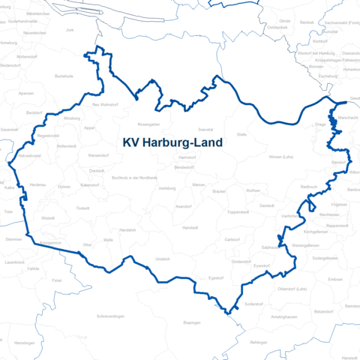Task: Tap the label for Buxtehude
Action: tap(64, 76)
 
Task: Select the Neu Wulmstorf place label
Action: tap(105, 105)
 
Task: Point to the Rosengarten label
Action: tap(149, 125)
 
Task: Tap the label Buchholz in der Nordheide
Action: tap(134, 177)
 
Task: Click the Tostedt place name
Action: tap(82, 208)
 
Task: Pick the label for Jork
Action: tap(70, 30)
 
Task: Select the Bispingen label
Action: tap(192, 322)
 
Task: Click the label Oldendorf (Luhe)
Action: tap(292, 289)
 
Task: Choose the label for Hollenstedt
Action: tap(67, 145)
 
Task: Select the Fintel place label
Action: tap(56, 280)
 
